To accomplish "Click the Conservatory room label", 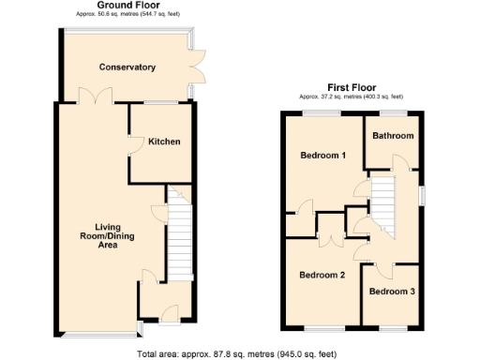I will click(x=128, y=67).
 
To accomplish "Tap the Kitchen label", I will click(x=163, y=142).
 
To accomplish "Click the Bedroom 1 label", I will click(x=322, y=155).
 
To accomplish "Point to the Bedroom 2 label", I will click(x=322, y=275).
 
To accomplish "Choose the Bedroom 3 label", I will click(x=391, y=292).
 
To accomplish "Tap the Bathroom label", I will click(x=392, y=136).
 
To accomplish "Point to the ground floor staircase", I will click(x=178, y=242).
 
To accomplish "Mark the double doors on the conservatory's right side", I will click(x=196, y=67).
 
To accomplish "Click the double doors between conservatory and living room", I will click(x=92, y=97).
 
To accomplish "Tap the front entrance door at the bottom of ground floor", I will click(x=169, y=313).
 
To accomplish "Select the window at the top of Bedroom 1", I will click(x=321, y=112).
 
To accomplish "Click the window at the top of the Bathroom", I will click(x=392, y=112).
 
